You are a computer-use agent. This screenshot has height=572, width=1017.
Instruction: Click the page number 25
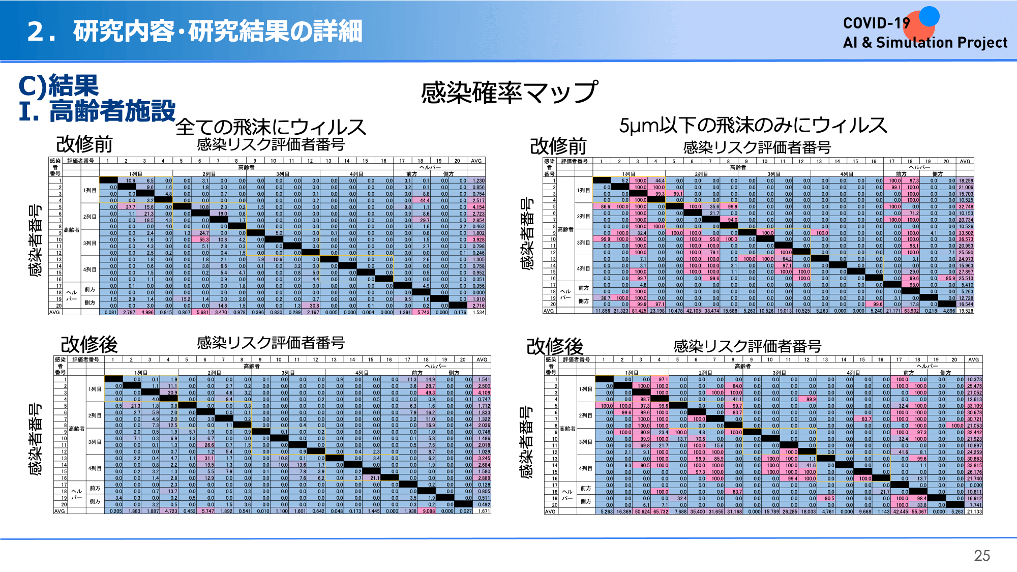click(981, 555)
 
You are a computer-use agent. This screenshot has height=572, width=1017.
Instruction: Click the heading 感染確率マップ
click(509, 93)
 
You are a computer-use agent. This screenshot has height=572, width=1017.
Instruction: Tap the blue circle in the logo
click(929, 16)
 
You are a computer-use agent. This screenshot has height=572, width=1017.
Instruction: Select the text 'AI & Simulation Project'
click(924, 43)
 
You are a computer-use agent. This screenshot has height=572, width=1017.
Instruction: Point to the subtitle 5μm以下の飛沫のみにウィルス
click(753, 125)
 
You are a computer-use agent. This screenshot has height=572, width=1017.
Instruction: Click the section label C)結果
click(58, 85)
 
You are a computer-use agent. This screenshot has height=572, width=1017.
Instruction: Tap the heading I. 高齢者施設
click(97, 111)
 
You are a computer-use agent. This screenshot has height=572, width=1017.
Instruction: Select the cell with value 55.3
click(204, 239)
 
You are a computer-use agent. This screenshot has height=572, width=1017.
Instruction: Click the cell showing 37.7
click(130, 207)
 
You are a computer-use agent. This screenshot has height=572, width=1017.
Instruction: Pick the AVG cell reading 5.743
click(423, 312)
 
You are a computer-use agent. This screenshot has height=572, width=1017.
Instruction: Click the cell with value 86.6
click(605, 206)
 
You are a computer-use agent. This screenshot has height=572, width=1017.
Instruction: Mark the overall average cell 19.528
click(966, 311)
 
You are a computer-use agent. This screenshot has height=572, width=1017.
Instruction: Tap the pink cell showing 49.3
click(430, 393)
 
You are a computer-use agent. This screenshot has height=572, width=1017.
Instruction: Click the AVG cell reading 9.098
click(429, 511)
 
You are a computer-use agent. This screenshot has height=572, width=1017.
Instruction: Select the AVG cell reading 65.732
click(661, 511)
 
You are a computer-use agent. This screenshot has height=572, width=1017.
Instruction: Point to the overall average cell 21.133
click(974, 511)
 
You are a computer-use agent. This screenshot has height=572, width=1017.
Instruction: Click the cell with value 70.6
click(700, 439)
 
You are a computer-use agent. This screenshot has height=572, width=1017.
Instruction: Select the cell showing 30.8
click(314, 306)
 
